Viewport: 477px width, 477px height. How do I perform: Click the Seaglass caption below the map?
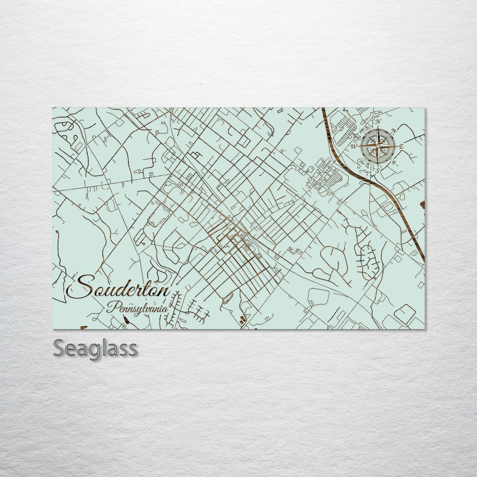tap(95, 348)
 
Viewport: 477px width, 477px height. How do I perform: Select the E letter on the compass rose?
tap(401, 146)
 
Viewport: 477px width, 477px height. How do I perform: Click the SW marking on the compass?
tap(361, 162)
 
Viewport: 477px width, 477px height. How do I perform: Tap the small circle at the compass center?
tap(378, 146)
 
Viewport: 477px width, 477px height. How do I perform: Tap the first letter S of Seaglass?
tap(59, 348)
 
